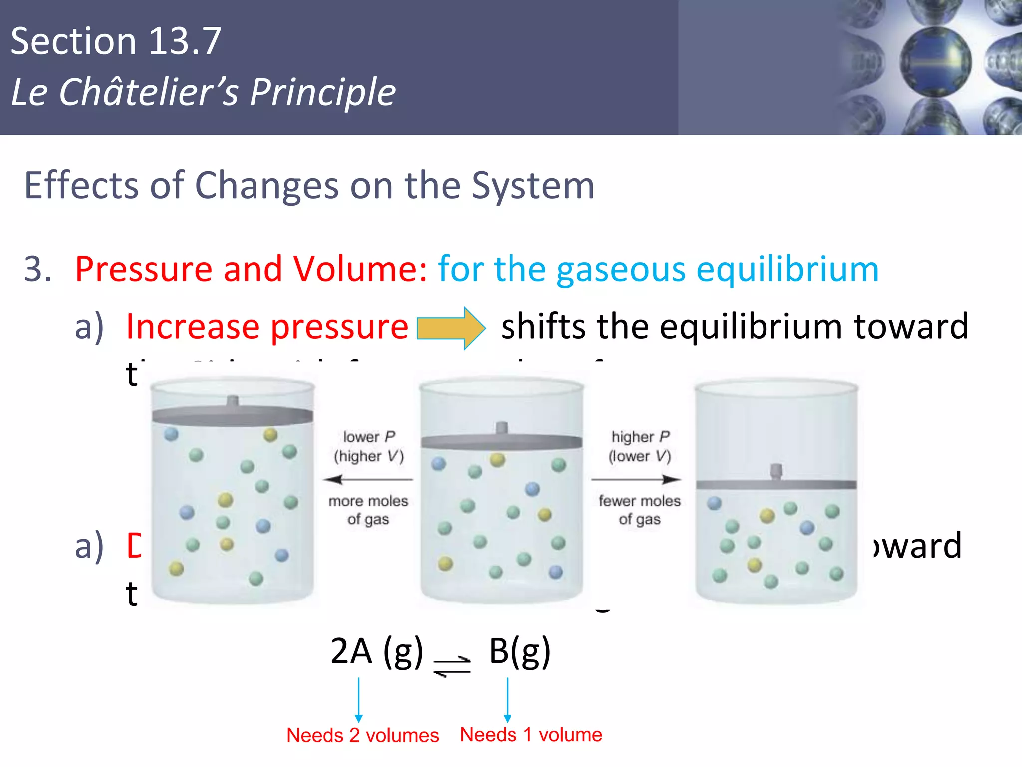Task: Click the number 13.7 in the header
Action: pos(185,41)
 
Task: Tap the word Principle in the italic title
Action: pos(322,93)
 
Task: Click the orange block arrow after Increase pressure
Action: pos(451,328)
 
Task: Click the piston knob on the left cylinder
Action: pos(233,400)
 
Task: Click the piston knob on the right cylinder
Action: pos(776,471)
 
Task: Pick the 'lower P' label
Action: pos(369,437)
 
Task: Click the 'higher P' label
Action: pos(640,437)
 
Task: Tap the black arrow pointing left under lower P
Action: pos(368,480)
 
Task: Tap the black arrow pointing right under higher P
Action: pos(636,480)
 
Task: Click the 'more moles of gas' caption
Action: pos(368,510)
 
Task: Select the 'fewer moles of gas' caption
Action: pos(640,510)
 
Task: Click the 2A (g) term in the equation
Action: pos(376,651)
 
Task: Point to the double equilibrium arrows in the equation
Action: pos(452,666)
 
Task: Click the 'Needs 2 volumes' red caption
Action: pos(363,735)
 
